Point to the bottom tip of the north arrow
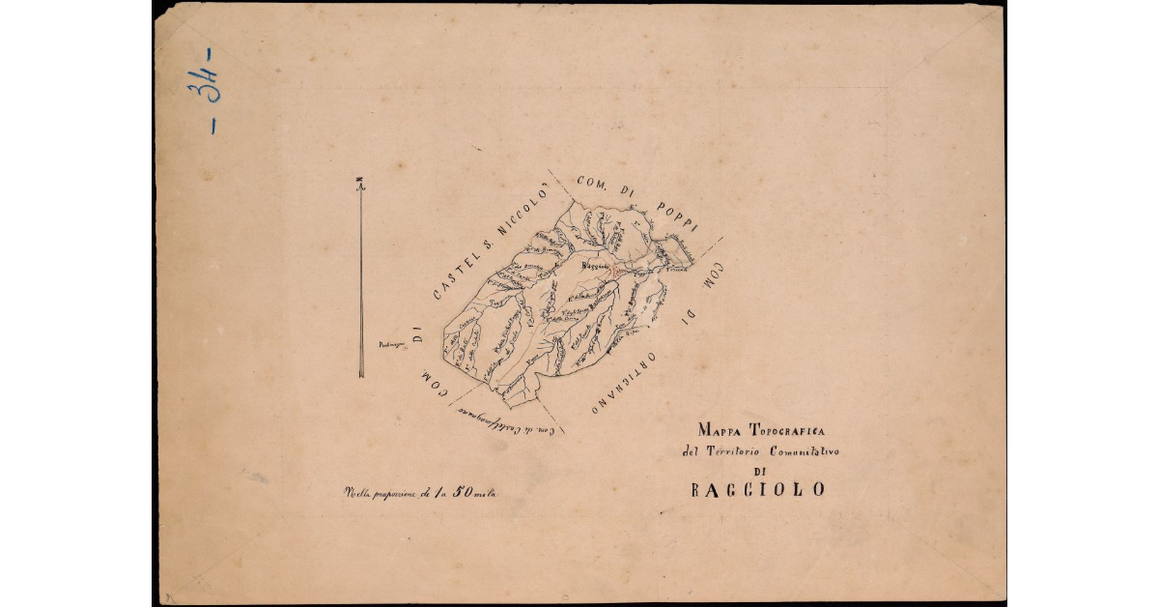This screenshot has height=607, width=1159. [361, 376]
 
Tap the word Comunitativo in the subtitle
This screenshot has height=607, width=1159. [803, 451]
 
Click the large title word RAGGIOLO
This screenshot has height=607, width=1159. [758, 490]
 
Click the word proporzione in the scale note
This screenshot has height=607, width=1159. [392, 494]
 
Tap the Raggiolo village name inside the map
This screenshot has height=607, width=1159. [595, 265]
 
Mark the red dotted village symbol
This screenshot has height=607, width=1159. [613, 273]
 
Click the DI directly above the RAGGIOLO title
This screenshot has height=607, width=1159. [758, 471]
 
